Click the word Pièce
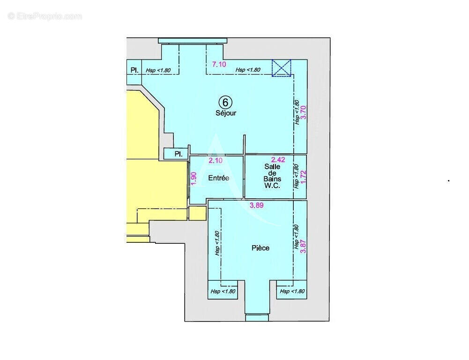(x=260, y=248)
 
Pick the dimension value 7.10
(x=219, y=65)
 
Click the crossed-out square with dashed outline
(x=282, y=67)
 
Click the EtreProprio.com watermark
(x=45, y=16)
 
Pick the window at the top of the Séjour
(x=192, y=41)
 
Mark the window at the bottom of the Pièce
(x=257, y=317)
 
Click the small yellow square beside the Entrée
(x=197, y=213)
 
